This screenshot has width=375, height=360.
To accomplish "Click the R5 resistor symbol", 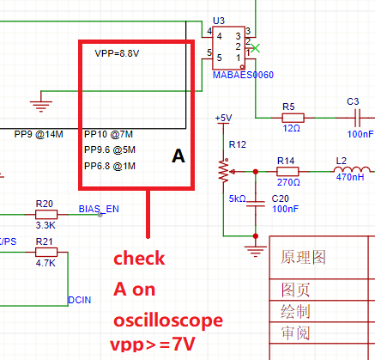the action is (x=293, y=118).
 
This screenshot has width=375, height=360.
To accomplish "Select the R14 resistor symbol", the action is (x=287, y=172).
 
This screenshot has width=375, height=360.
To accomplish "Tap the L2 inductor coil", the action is (x=353, y=170).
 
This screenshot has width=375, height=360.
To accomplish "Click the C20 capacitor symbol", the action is (x=256, y=204).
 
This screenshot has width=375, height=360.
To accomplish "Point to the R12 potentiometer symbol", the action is (x=224, y=171).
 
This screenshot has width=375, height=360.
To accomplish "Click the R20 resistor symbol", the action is (x=46, y=214).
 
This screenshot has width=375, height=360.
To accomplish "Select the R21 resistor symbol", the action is (x=46, y=252).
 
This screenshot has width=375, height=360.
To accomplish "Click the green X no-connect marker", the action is (x=256, y=48).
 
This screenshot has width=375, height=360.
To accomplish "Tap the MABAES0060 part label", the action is (x=243, y=75).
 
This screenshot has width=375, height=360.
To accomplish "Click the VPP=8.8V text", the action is (x=117, y=53).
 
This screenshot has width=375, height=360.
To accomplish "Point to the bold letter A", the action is (x=178, y=156).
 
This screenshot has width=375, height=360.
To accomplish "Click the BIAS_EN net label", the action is (x=99, y=209).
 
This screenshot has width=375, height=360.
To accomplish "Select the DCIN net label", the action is (x=80, y=300).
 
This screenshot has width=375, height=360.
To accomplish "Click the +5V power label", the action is (x=223, y=118).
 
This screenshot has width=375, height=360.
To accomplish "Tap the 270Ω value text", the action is (x=288, y=182).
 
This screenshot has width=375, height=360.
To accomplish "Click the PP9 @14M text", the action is (x=39, y=134).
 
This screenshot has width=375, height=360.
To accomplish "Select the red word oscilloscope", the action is (x=168, y=320).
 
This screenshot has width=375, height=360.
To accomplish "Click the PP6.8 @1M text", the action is (x=110, y=166).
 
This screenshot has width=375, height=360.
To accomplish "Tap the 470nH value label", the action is (x=350, y=177).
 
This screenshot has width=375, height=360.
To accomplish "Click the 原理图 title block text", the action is (x=303, y=257).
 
